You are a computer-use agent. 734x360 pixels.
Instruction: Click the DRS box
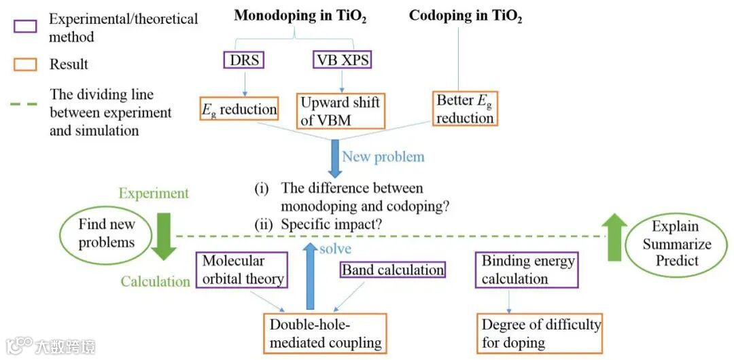pyautogui.click(x=243, y=60)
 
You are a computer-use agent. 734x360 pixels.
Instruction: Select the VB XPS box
pyautogui.click(x=343, y=60)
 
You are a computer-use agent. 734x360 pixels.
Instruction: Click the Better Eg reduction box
pyautogui.click(x=465, y=109)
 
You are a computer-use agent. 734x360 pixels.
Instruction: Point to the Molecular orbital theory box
pyautogui.click(x=240, y=270)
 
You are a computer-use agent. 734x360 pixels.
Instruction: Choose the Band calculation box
pyautogui.click(x=392, y=270)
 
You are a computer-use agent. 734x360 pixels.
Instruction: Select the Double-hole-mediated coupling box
pyautogui.click(x=325, y=333)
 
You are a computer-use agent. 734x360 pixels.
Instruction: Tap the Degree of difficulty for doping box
pyautogui.click(x=541, y=333)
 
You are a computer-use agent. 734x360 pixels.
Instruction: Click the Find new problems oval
pyautogui.click(x=107, y=233)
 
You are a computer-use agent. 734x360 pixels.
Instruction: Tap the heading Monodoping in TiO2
pyautogui.click(x=300, y=17)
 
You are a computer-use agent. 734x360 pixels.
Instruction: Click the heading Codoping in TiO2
pyautogui.click(x=466, y=17)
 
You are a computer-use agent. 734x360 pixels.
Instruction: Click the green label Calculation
pyautogui.click(x=156, y=281)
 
